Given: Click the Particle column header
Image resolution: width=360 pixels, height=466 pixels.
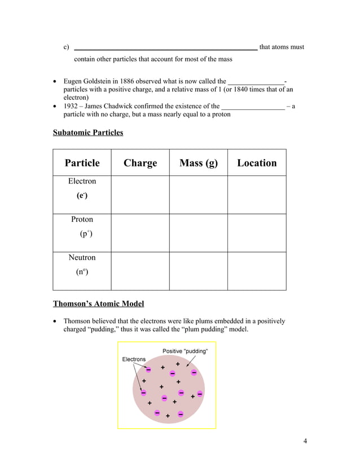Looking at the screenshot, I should tap(82, 163).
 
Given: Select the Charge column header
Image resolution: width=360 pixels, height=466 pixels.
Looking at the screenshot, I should tap(140, 163).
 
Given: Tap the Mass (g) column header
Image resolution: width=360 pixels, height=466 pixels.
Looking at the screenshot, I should tap(198, 163).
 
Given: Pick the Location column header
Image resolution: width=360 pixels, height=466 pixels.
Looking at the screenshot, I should tap(257, 163).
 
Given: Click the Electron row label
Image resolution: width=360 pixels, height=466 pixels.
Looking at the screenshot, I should tap(82, 182).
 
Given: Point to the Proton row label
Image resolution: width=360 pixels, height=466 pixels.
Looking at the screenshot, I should tap(82, 219).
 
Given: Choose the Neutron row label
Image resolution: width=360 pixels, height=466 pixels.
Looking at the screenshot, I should tap(82, 258).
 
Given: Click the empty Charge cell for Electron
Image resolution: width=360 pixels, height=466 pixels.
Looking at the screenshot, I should tap(140, 194).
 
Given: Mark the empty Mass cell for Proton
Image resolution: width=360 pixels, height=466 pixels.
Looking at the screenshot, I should tap(198, 232).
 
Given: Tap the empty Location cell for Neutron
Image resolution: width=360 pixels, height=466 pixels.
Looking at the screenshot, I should tap(257, 271).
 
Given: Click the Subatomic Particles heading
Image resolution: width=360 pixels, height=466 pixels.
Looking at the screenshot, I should tap(88, 133).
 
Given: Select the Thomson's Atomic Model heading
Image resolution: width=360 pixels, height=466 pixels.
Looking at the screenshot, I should tap(98, 304).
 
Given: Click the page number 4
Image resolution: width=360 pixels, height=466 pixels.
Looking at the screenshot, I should tap(305, 441).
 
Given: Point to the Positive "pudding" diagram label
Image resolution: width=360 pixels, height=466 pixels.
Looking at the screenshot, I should tap(185, 351).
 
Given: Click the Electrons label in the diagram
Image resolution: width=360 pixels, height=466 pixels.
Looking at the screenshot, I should tap(134, 359).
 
